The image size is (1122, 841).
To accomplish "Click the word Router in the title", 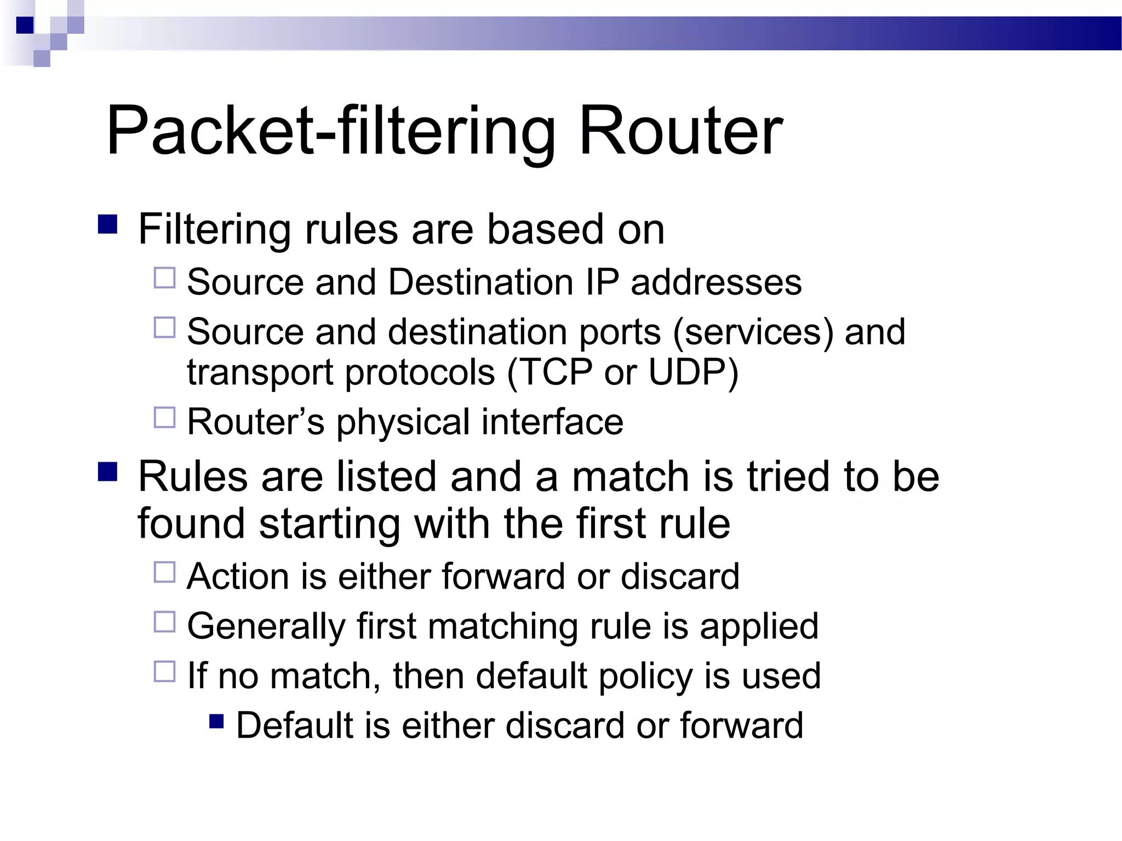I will [x=680, y=131].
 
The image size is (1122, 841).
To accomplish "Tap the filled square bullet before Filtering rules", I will [x=107, y=224].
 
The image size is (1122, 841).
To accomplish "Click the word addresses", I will [x=716, y=283].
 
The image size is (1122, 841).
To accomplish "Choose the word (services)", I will [x=753, y=332].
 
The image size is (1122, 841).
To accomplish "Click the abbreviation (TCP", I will [x=549, y=372].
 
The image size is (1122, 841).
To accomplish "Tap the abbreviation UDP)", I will [x=694, y=372].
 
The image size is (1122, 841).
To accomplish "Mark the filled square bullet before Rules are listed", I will [x=107, y=471].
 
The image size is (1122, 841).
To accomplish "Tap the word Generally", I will [x=266, y=626].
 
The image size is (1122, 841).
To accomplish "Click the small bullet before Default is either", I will [x=217, y=721].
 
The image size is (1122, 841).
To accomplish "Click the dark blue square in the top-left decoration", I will [x=25, y=25].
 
